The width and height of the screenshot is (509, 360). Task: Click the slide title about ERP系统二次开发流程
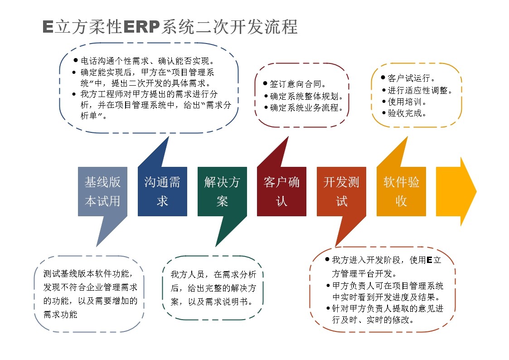(x=170, y=27)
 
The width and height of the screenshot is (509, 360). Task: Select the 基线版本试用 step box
(x=102, y=191)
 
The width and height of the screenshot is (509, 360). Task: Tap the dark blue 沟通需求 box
(x=162, y=191)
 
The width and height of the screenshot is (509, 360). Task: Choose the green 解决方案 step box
(x=222, y=191)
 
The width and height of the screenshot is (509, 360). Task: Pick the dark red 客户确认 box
(x=281, y=191)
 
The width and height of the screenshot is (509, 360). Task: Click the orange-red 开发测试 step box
(x=341, y=191)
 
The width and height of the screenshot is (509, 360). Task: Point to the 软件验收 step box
(x=401, y=191)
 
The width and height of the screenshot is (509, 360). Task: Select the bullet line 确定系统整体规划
(x=304, y=96)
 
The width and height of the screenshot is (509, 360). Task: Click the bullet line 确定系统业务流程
(x=304, y=107)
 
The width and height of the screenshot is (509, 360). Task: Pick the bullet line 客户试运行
(x=408, y=78)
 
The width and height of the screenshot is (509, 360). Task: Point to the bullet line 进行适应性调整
(x=417, y=90)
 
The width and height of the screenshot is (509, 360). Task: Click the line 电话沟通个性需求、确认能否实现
(x=144, y=61)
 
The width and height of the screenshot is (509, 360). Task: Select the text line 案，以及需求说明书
(x=212, y=302)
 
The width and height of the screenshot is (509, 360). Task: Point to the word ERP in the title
(x=141, y=27)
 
